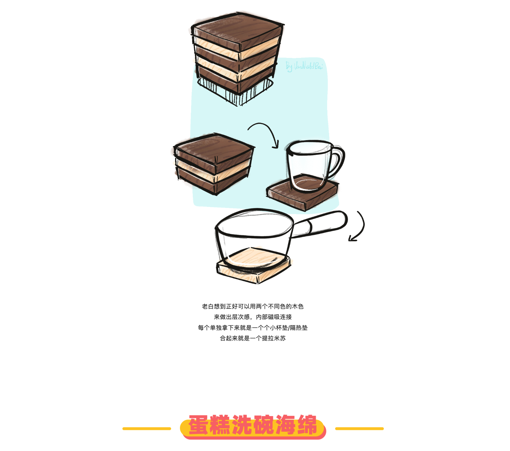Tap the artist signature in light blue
[304, 66]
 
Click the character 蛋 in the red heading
[199, 425]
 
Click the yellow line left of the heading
[146, 429]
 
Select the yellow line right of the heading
[359, 429]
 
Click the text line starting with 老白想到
[253, 306]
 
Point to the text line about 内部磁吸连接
[253, 317]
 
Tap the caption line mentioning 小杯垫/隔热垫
[253, 328]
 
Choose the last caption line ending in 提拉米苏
[253, 338]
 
